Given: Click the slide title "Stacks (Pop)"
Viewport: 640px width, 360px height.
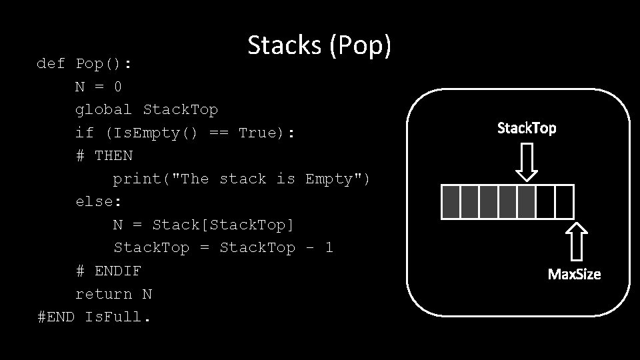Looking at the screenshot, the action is tap(319, 45).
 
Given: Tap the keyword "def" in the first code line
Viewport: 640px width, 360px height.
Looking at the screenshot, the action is tap(51, 64).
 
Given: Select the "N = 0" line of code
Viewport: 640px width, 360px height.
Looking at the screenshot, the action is tap(99, 87).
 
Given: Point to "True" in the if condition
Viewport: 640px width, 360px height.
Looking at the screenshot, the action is tap(261, 133).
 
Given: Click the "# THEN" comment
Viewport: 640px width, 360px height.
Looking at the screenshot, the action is tap(104, 155).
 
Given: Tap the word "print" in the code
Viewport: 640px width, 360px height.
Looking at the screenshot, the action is tap(137, 179).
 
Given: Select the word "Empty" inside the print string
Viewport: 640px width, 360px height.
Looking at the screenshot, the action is tap(333, 179).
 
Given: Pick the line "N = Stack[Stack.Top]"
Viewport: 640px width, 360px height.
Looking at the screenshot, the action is tap(203, 225).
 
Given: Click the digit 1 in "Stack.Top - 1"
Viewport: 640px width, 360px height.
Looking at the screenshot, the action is tap(329, 247).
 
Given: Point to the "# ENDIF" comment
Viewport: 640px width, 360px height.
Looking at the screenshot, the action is tap(108, 271).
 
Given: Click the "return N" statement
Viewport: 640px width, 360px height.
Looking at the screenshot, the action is tap(113, 293).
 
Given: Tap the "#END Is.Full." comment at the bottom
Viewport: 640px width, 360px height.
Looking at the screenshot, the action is tap(95, 317).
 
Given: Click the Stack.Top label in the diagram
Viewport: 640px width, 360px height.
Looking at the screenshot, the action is tap(527, 128).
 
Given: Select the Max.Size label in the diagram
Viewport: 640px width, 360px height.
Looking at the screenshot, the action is tap(574, 274).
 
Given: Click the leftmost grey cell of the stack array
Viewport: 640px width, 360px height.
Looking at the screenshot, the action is tap(451, 202).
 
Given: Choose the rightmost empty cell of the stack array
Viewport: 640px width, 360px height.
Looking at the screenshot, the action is tap(565, 202).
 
